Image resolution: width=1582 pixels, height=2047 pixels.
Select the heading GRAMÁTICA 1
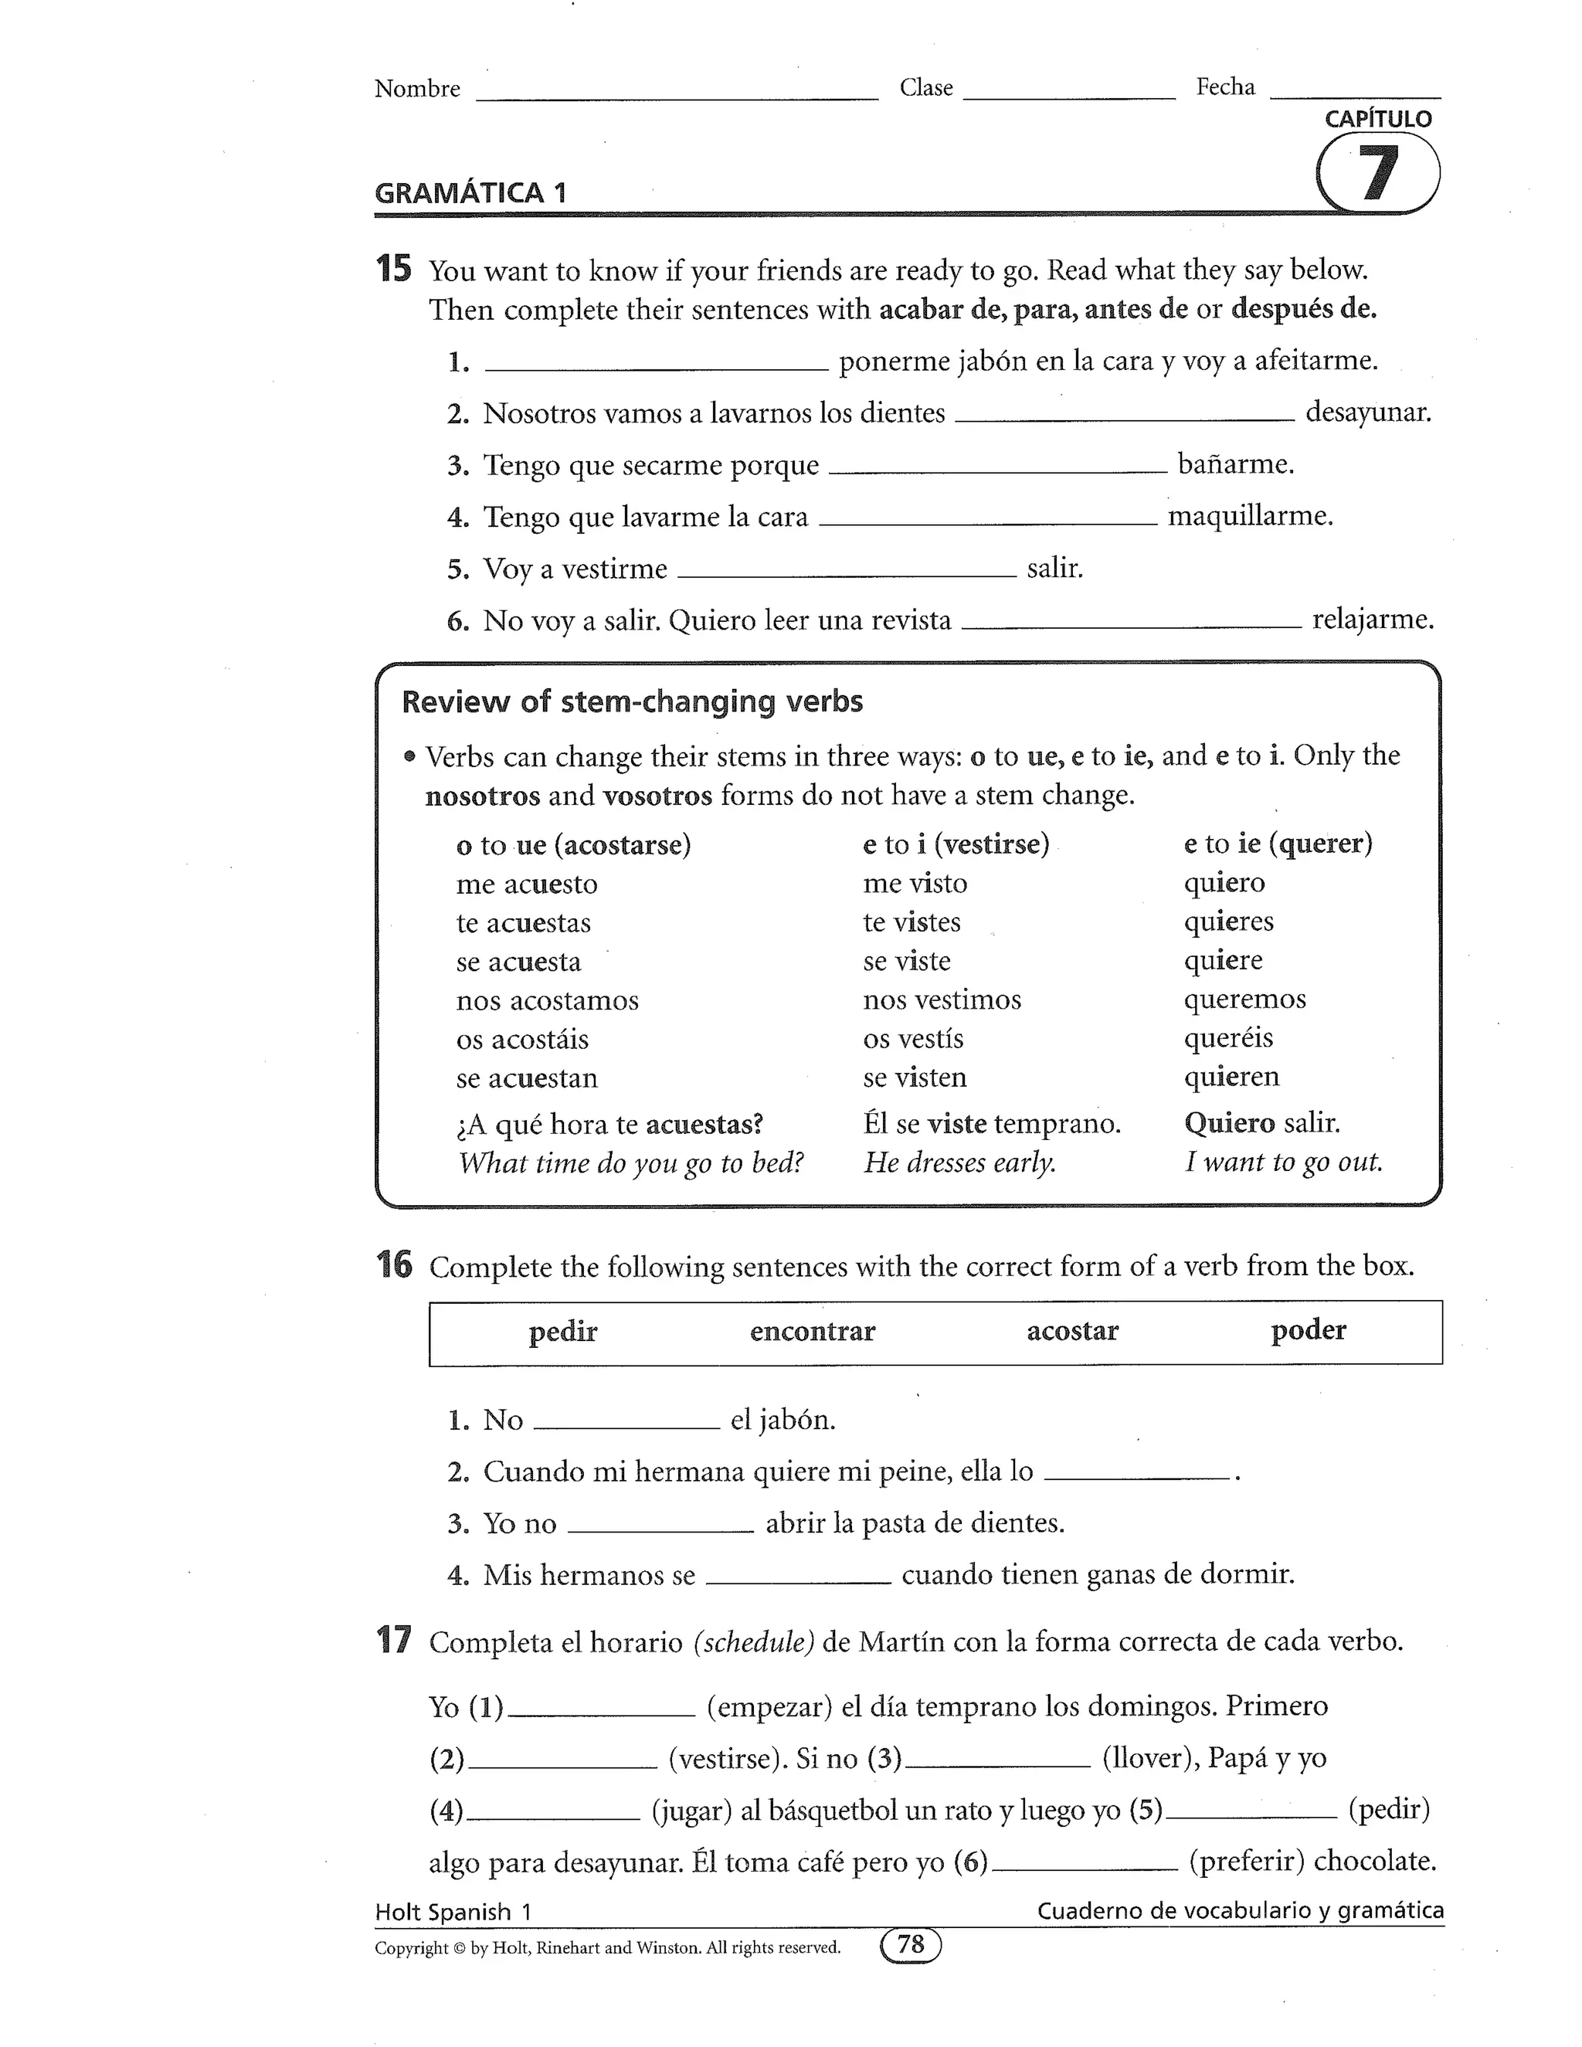(470, 193)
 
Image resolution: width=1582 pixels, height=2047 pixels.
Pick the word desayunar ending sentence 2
(1368, 412)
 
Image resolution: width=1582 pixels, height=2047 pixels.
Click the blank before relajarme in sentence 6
(1131, 623)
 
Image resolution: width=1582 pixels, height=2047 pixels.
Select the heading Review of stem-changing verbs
(632, 702)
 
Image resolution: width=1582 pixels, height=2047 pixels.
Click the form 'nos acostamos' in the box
(548, 1000)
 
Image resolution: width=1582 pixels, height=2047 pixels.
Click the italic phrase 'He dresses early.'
(959, 1163)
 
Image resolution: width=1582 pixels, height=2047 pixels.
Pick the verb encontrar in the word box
(813, 1332)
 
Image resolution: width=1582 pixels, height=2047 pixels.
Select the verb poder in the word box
(1309, 1330)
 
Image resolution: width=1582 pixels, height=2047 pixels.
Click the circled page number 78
(911, 1946)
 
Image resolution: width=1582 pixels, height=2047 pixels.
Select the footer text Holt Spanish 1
(453, 1912)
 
